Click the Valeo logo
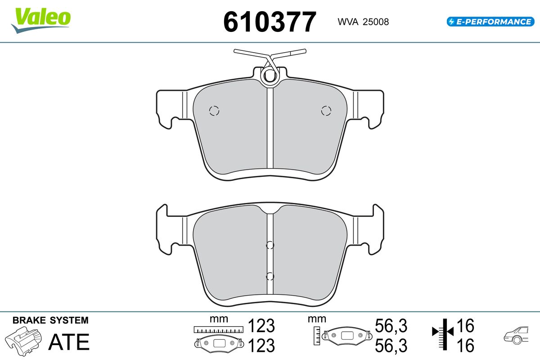pyautogui.click(x=41, y=20)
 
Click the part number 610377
pyautogui.click(x=270, y=22)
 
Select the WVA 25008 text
pyautogui.click(x=363, y=22)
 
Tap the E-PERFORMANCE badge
pyautogui.click(x=490, y=22)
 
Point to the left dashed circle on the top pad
pyautogui.click(x=214, y=111)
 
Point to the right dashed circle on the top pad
pyautogui.click(x=326, y=111)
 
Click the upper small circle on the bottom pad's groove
pyautogui.click(x=270, y=245)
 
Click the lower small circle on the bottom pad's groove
pyautogui.click(x=270, y=276)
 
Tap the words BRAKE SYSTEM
pyautogui.click(x=50, y=320)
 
